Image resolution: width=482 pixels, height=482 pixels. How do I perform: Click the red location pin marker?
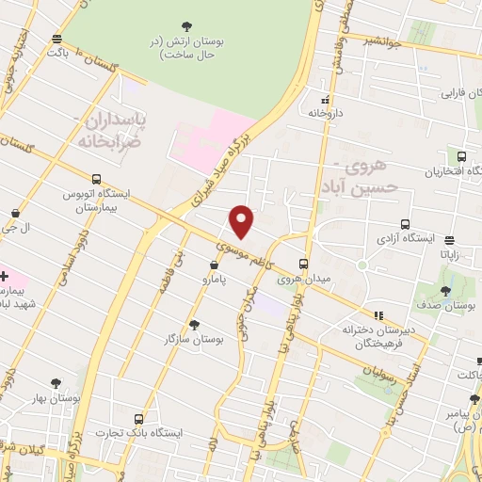242,220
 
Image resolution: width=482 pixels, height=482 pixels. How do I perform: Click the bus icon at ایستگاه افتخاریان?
460,157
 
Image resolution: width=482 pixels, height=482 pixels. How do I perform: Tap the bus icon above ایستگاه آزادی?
405,224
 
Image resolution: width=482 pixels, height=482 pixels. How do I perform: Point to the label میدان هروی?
301,279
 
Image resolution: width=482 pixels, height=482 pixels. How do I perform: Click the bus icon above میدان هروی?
303,264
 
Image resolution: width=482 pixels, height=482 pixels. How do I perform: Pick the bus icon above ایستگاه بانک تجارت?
139,418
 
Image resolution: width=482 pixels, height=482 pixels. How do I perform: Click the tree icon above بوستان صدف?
445,291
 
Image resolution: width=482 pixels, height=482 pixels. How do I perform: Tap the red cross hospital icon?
5,276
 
